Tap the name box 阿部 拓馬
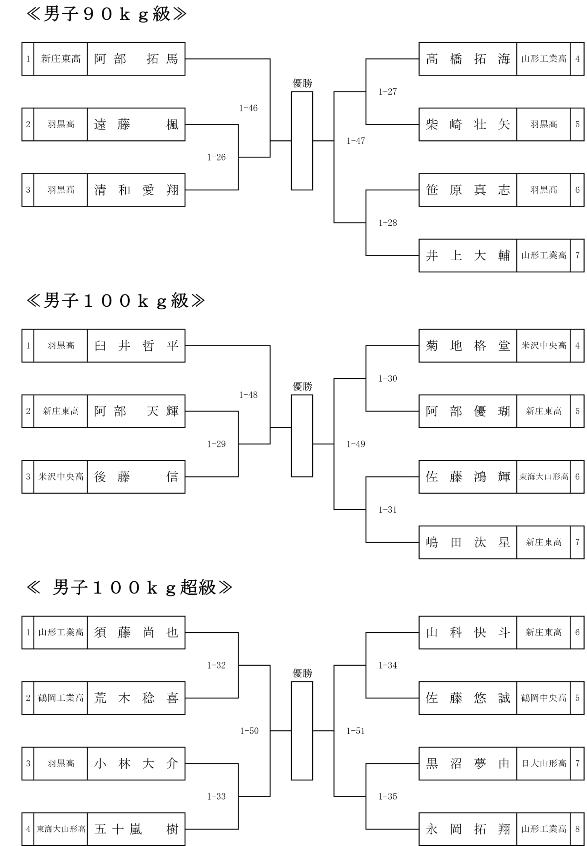[x=136, y=59]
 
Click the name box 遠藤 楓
[x=136, y=124]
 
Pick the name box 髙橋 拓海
[x=468, y=59]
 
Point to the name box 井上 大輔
[x=468, y=255]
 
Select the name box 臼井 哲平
[x=136, y=346]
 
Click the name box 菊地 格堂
[x=468, y=346]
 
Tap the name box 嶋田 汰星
[x=468, y=542]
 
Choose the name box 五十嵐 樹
[x=136, y=829]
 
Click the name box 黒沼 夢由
[x=468, y=764]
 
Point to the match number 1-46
[x=248, y=108]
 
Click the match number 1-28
[x=388, y=223]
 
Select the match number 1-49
[x=356, y=444]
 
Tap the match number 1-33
[x=216, y=796]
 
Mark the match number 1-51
[x=356, y=731]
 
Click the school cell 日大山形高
[x=544, y=764]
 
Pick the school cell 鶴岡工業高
[x=61, y=698]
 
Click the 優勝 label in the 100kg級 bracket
[x=302, y=386]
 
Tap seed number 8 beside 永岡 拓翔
[x=577, y=829]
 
